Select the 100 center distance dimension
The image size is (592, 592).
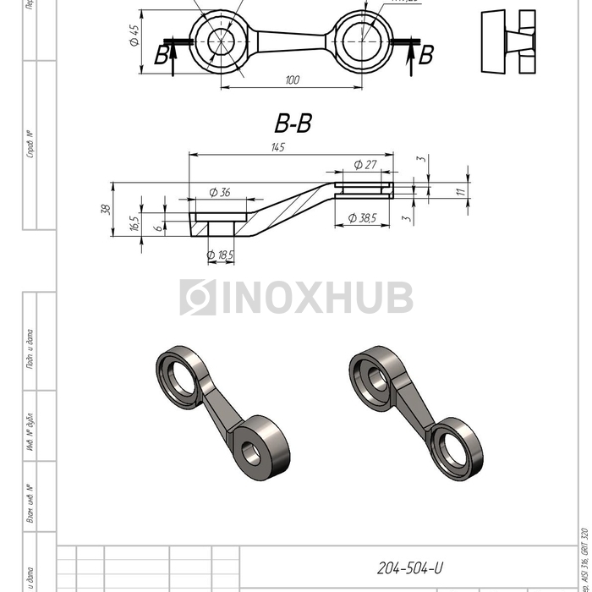(x=293, y=80)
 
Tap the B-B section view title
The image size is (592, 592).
(x=293, y=124)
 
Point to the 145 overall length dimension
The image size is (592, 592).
(x=278, y=147)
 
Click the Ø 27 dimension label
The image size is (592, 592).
(x=365, y=165)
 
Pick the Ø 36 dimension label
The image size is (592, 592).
(x=219, y=193)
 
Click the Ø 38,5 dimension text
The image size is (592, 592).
(x=361, y=218)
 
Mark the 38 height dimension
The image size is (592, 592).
(x=105, y=210)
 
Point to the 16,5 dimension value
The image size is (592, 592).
(x=134, y=224)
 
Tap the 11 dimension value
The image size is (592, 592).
(x=460, y=192)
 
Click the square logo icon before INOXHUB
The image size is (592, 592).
(x=198, y=298)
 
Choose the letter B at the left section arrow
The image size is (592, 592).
(x=161, y=56)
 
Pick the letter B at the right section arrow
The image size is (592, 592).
(x=426, y=56)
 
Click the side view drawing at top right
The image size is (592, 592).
(x=509, y=41)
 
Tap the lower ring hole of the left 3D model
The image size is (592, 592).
(x=251, y=450)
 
